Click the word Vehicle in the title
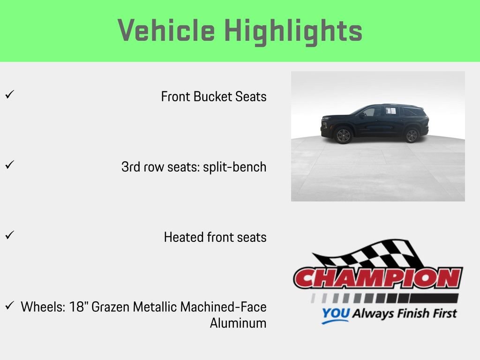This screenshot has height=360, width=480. point(166,31)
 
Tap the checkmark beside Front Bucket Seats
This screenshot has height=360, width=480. point(9,94)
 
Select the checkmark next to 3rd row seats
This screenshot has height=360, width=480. point(9,165)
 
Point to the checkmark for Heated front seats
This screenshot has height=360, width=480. point(9,235)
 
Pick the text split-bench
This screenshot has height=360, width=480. point(235,167)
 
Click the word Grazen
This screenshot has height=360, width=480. point(111,307)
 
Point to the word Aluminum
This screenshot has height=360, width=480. point(238,323)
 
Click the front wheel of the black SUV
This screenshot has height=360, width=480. point(344,135)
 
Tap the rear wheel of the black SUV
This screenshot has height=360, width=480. point(412,135)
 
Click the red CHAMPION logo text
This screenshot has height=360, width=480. point(378,277)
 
